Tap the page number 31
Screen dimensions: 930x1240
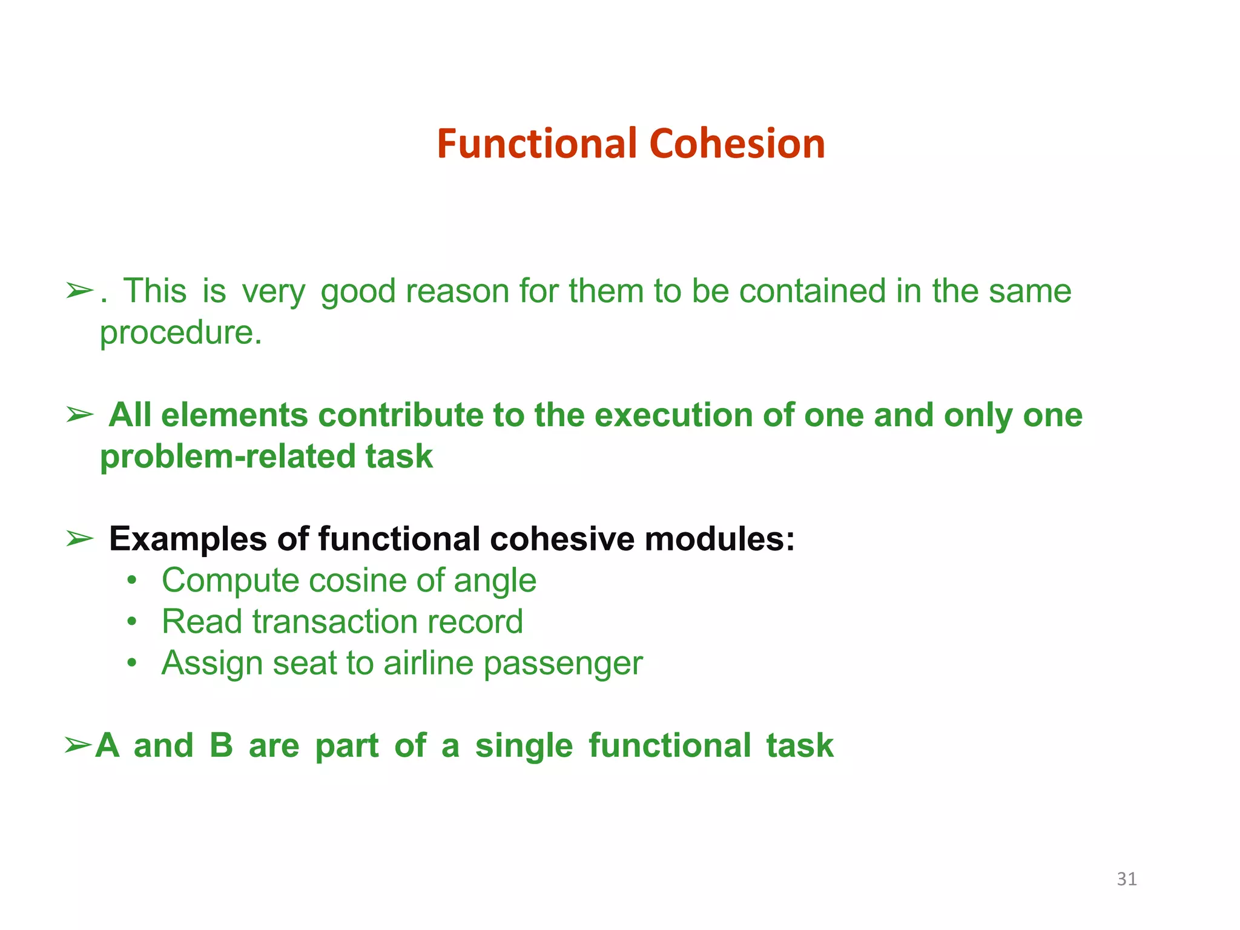pyautogui.click(x=1126, y=879)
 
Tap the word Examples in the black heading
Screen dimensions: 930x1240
pyautogui.click(x=188, y=539)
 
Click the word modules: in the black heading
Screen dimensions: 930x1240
pyautogui.click(x=719, y=539)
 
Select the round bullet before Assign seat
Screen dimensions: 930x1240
pyautogui.click(x=132, y=664)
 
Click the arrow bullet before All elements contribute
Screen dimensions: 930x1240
pyautogui.click(x=80, y=415)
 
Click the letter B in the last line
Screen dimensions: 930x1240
pyautogui.click(x=221, y=746)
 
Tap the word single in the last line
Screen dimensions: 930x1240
pyautogui.click(x=524, y=746)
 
